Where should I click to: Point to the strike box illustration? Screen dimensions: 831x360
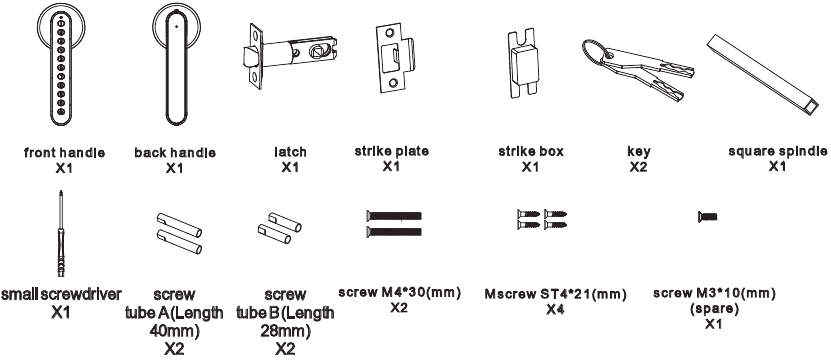(522, 64)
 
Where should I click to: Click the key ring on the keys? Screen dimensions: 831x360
(594, 52)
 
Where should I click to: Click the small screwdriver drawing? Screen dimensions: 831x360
(62, 233)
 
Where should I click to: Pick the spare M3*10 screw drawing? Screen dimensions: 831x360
(708, 216)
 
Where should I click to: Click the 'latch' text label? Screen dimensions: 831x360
(290, 152)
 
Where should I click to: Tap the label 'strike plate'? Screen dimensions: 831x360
(392, 151)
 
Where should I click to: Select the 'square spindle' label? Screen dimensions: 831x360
(777, 152)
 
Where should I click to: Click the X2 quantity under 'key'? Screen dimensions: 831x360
(639, 167)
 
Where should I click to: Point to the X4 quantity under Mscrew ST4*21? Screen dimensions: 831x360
(555, 309)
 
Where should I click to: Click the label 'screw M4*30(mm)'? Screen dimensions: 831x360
(400, 292)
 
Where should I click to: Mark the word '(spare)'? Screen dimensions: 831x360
(714, 308)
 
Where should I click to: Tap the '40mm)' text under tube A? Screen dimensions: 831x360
(174, 331)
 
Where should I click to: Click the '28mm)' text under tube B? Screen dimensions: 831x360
(285, 331)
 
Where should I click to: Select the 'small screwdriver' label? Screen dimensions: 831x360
(61, 294)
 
